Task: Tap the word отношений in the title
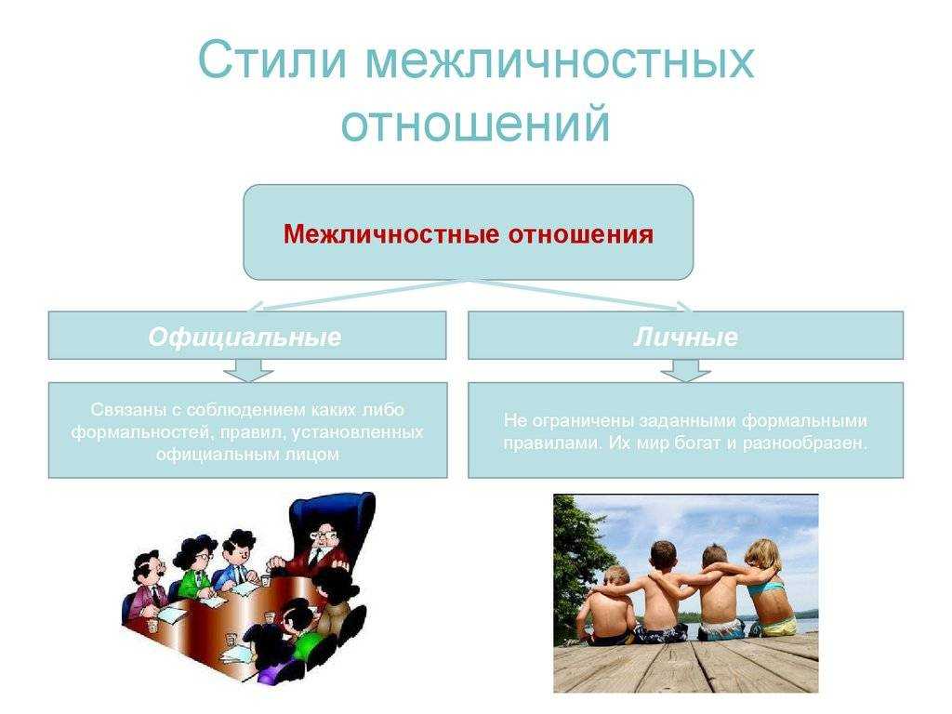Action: [475, 124]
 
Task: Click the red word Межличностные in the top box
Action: [391, 233]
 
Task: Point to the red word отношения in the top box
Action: [580, 233]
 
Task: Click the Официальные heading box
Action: [247, 336]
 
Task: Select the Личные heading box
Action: [685, 336]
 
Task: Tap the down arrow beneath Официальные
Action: [247, 370]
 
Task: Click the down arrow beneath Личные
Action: [685, 370]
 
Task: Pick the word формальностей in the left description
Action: [140, 433]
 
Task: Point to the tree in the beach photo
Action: [576, 559]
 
